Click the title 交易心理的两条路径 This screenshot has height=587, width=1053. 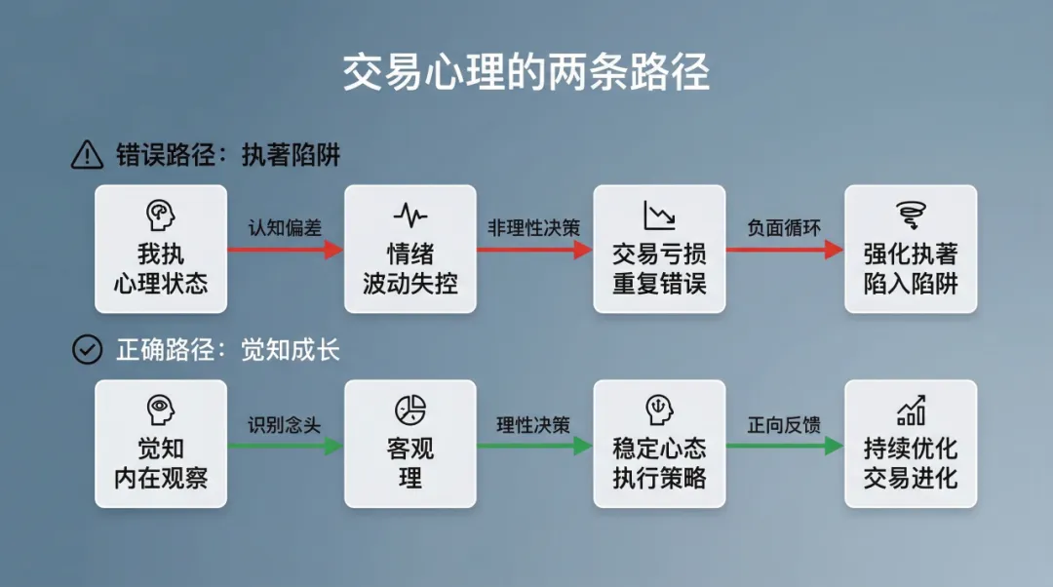tap(526, 74)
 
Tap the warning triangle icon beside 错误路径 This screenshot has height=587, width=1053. tap(88, 154)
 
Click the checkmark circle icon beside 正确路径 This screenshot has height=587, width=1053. tap(88, 349)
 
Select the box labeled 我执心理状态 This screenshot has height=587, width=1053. tap(161, 250)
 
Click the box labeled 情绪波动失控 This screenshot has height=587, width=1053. tap(410, 250)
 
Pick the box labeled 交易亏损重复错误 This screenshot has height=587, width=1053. tap(659, 250)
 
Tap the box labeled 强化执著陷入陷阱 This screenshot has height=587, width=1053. tap(911, 250)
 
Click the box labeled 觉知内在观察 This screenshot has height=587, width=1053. tap(161, 444)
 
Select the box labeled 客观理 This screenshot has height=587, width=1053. tap(410, 444)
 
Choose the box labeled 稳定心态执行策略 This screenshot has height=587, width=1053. tap(659, 444)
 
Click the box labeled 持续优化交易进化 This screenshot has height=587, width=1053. tap(911, 444)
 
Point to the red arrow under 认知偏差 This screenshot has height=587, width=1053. tap(285, 250)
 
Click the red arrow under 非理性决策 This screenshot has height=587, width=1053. tap(534, 250)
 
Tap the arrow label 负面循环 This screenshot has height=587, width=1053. tap(784, 228)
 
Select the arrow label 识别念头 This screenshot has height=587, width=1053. tap(284, 425)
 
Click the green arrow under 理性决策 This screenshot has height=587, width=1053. tap(534, 446)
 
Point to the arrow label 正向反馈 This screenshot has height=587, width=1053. tap(784, 425)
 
